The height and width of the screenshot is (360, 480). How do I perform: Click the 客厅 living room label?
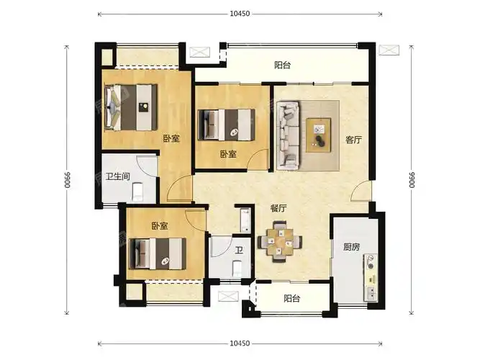click(x=353, y=140)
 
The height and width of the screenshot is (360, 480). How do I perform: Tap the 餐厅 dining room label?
click(x=279, y=209)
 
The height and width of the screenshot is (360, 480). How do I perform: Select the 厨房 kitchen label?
click(x=351, y=247)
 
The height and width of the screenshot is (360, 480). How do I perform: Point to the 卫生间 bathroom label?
click(x=117, y=177)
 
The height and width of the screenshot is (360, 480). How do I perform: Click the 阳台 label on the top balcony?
click(x=282, y=66)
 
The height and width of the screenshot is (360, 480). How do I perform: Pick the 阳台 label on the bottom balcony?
click(x=291, y=298)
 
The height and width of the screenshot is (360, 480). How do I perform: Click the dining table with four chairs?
click(x=280, y=242)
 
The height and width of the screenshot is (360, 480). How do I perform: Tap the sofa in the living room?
click(x=288, y=136)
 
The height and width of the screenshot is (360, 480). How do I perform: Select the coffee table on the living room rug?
click(x=319, y=135)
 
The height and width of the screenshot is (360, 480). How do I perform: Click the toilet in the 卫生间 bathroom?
click(x=137, y=192)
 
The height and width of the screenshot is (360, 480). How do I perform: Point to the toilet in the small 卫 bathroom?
click(x=237, y=269)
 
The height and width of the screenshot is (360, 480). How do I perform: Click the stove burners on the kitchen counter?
click(x=371, y=262)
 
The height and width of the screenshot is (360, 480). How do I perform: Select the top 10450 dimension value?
click(x=240, y=14)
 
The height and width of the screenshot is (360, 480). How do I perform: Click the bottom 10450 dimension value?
click(x=240, y=343)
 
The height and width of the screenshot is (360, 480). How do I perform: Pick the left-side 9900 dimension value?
click(x=67, y=179)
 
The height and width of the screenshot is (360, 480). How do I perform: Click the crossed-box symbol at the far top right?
click(x=389, y=50)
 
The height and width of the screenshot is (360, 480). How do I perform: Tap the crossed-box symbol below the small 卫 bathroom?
click(x=228, y=297)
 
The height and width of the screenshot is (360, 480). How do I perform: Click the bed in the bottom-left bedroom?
click(x=158, y=254)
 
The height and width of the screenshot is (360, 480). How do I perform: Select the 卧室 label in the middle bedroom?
click(x=228, y=154)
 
